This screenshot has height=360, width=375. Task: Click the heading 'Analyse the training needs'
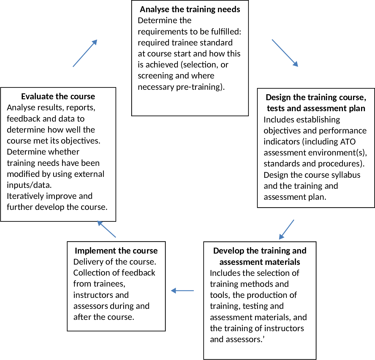[190, 10]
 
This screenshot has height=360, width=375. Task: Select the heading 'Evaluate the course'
[58, 96]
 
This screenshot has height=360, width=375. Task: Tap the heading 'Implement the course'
[116, 251]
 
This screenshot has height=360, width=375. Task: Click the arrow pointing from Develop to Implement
[182, 290]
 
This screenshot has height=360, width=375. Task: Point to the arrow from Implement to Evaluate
[107, 229]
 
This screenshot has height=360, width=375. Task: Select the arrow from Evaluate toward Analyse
[85, 53]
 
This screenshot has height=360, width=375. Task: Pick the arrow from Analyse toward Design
[285, 53]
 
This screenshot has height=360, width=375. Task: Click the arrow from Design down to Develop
[287, 229]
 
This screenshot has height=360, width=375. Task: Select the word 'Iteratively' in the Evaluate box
[26, 196]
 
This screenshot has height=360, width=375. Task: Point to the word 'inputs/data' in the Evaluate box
[29, 185]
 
